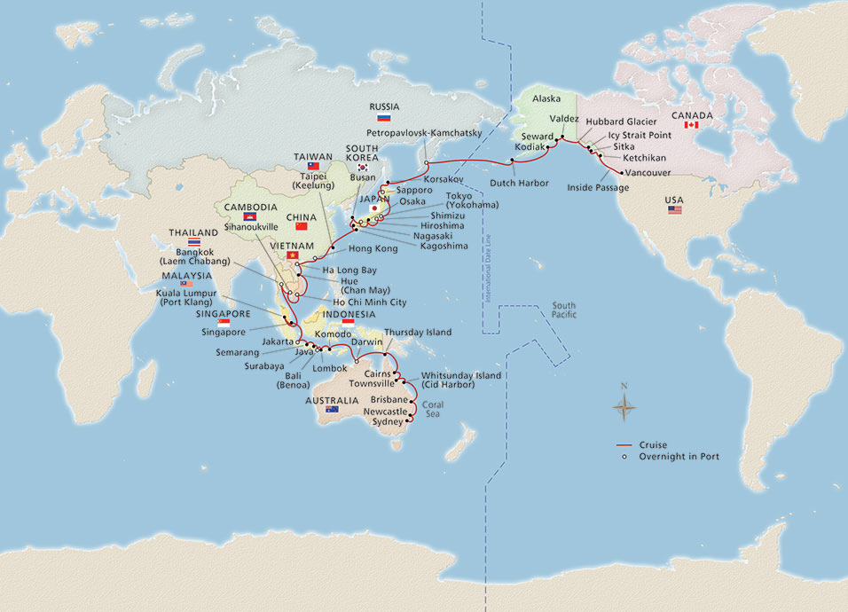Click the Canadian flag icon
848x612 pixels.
click(x=694, y=125)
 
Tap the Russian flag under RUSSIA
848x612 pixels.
click(x=384, y=117)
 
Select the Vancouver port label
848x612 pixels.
click(x=649, y=172)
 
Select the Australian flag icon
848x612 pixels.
click(x=332, y=410)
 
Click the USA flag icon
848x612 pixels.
click(x=676, y=210)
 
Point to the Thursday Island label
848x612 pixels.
click(x=419, y=333)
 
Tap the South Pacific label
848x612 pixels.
click(x=563, y=310)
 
